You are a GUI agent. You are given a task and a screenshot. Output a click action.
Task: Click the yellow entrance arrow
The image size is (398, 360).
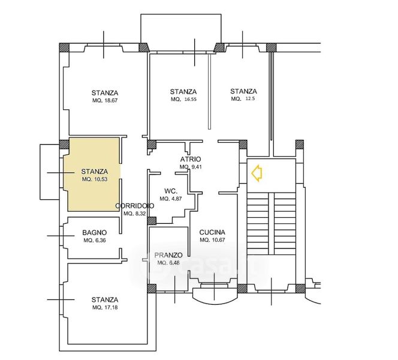[257, 173]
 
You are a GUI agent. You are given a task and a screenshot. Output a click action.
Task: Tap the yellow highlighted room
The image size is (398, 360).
[93, 174]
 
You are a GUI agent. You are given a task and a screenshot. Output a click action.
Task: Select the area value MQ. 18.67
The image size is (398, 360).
[105, 100]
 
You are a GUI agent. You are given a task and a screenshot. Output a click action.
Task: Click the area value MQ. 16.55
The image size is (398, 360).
[183, 100]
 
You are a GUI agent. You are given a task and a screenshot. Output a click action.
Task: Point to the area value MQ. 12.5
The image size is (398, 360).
[243, 99]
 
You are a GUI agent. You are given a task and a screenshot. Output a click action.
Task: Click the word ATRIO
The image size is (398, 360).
[191, 159]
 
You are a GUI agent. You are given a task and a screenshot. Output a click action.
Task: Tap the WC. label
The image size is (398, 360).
[171, 191]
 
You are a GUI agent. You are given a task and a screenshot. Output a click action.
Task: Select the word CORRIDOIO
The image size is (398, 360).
[134, 206]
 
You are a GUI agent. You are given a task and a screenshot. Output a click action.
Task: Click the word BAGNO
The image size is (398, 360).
[95, 232]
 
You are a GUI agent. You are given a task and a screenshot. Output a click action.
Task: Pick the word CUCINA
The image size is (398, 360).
[212, 232]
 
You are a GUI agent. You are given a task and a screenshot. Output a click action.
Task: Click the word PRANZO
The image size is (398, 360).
[168, 255]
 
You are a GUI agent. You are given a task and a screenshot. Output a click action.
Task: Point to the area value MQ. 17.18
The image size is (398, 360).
[105, 308]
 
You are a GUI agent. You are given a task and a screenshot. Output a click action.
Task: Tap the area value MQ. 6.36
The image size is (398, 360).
[95, 241]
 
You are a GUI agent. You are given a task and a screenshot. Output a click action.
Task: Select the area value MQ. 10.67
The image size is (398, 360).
[212, 240]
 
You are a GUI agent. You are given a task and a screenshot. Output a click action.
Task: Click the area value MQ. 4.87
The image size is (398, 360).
[171, 199]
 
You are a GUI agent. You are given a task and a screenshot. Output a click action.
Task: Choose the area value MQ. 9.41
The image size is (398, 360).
[191, 167]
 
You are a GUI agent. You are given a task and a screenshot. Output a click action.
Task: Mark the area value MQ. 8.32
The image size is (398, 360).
[135, 214]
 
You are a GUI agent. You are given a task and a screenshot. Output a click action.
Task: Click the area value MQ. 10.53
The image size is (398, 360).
[95, 179]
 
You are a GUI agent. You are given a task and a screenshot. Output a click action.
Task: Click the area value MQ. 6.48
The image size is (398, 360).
[168, 263]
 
